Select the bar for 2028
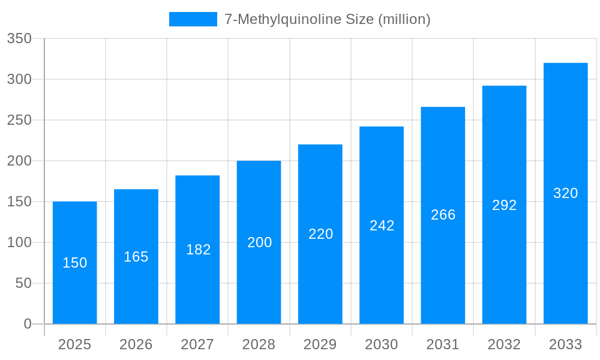tap(259, 282)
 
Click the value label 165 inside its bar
tap(136, 257)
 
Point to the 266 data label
tap(443, 215)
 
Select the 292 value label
tap(505, 205)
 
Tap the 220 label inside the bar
tap(320, 234)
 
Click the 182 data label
tap(197, 250)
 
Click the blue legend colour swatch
tap(193, 19)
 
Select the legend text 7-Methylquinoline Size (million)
tap(327, 19)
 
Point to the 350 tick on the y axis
tap(19, 38)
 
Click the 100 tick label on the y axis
tap(19, 242)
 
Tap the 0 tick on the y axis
tap(28, 324)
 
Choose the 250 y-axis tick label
tap(19, 120)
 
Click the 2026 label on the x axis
tap(136, 344)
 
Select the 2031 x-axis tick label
tap(443, 344)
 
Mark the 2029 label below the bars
tap(320, 344)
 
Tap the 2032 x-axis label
tap(504, 344)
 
